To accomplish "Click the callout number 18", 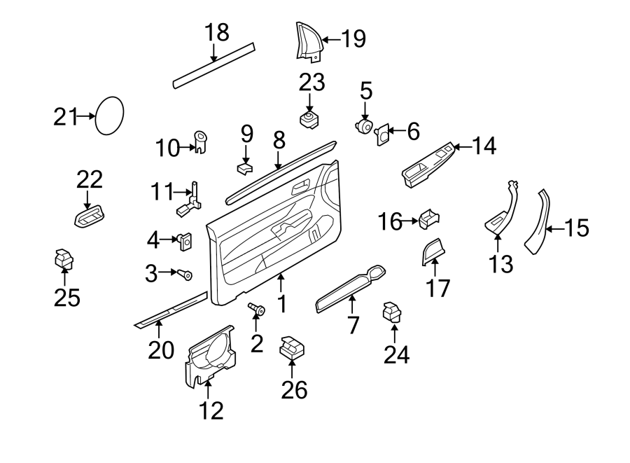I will [217, 33].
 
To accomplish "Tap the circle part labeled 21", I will [109, 116].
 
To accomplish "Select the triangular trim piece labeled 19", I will [305, 41].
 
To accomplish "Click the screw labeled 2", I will [256, 308].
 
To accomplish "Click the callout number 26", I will [295, 389].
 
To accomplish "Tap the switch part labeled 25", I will [64, 260].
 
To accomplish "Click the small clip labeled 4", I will [186, 242].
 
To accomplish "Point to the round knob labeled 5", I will [365, 127].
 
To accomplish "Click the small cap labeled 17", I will [432, 251].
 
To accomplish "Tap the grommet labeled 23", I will [309, 118].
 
